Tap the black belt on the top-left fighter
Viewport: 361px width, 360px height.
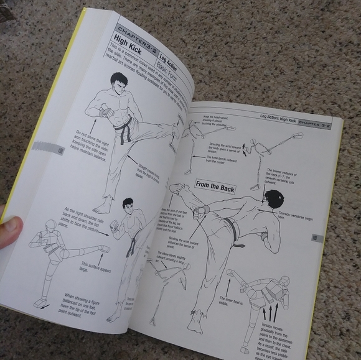pos(126,131)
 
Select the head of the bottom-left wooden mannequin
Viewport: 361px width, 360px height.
pos(50,225)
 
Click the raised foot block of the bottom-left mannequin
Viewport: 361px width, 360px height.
pos(104,249)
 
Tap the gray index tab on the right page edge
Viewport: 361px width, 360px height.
pos(315,238)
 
